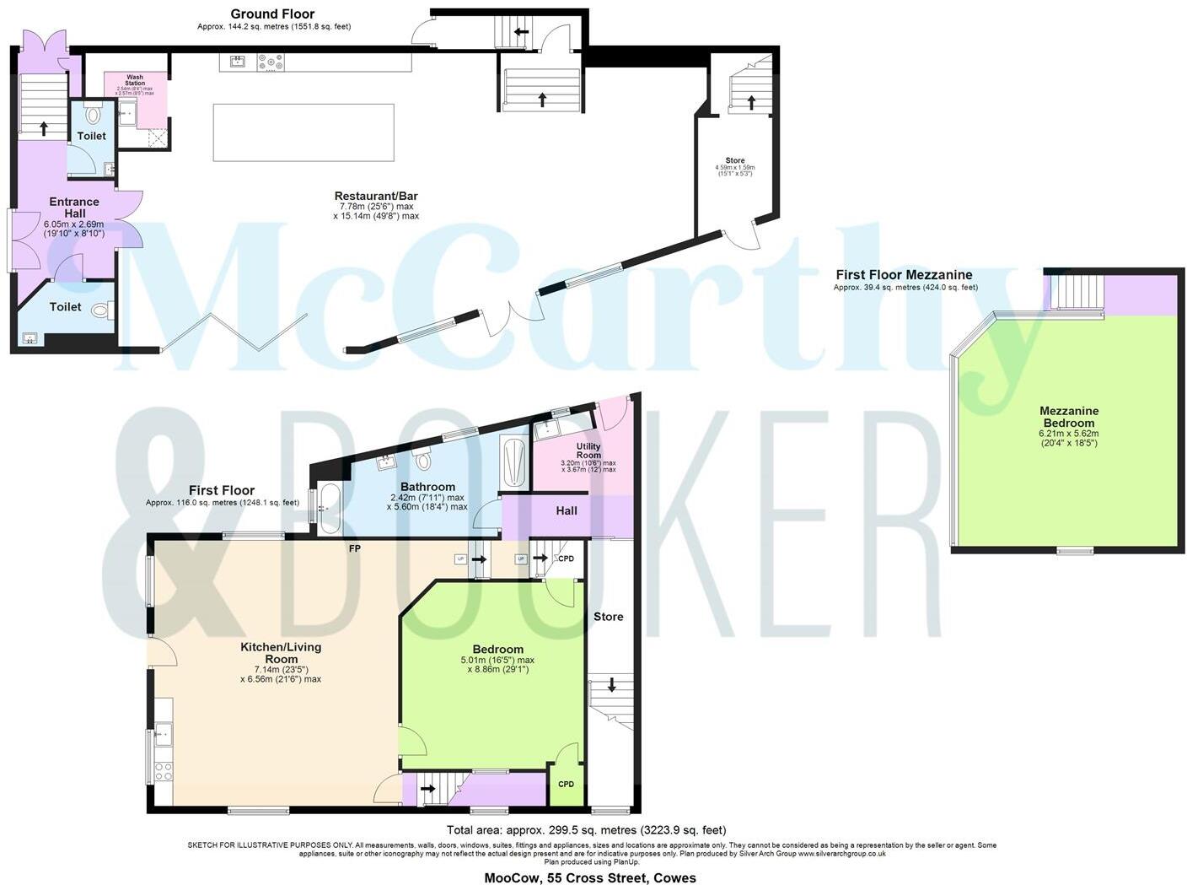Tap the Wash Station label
coord(135,80)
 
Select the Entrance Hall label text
coord(74,208)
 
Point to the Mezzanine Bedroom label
coord(1069,417)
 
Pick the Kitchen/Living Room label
coord(281,653)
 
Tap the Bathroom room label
coord(427,487)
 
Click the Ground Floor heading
coord(272,13)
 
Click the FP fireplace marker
coord(355,548)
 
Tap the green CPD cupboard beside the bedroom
coord(566,785)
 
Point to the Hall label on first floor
coord(567,510)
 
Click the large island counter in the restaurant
coord(303,132)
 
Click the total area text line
coord(586,830)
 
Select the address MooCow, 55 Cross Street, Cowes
coord(590,877)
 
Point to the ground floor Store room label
coord(735,160)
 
